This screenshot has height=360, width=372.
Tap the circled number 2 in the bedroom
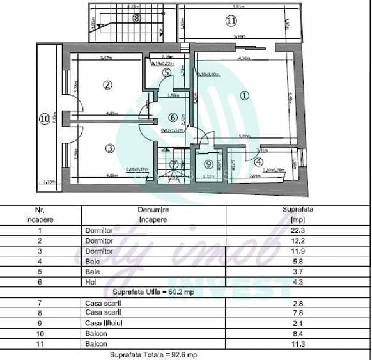(x=107, y=84)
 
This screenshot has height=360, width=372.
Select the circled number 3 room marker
(x=109, y=148)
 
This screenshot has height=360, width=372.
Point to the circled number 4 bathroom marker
(x=258, y=162)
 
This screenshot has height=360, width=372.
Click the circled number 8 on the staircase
(x=136, y=19)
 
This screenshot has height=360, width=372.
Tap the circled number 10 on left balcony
(x=43, y=118)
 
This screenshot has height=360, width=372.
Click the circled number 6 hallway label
(x=171, y=118)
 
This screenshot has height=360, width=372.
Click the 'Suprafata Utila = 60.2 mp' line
(x=152, y=292)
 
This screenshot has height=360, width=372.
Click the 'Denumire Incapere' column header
(x=151, y=214)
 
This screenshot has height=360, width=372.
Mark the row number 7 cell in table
(x=40, y=302)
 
